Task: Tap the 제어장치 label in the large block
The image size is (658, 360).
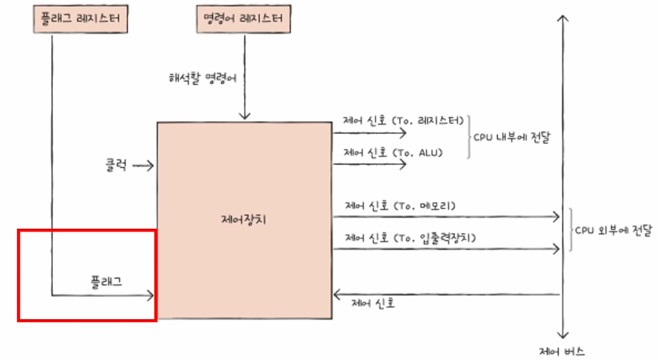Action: coord(244,220)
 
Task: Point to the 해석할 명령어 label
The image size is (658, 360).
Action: coord(203,78)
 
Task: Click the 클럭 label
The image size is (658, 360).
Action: coord(116,164)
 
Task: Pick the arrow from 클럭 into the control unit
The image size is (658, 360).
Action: coord(143,165)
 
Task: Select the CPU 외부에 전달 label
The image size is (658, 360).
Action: coord(614,228)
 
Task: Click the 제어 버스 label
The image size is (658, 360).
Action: coord(562,351)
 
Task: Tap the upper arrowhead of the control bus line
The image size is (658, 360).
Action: coord(563,18)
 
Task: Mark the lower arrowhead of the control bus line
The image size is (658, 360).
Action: coord(563,335)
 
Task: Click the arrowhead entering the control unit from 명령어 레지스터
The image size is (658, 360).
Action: coord(244,116)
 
